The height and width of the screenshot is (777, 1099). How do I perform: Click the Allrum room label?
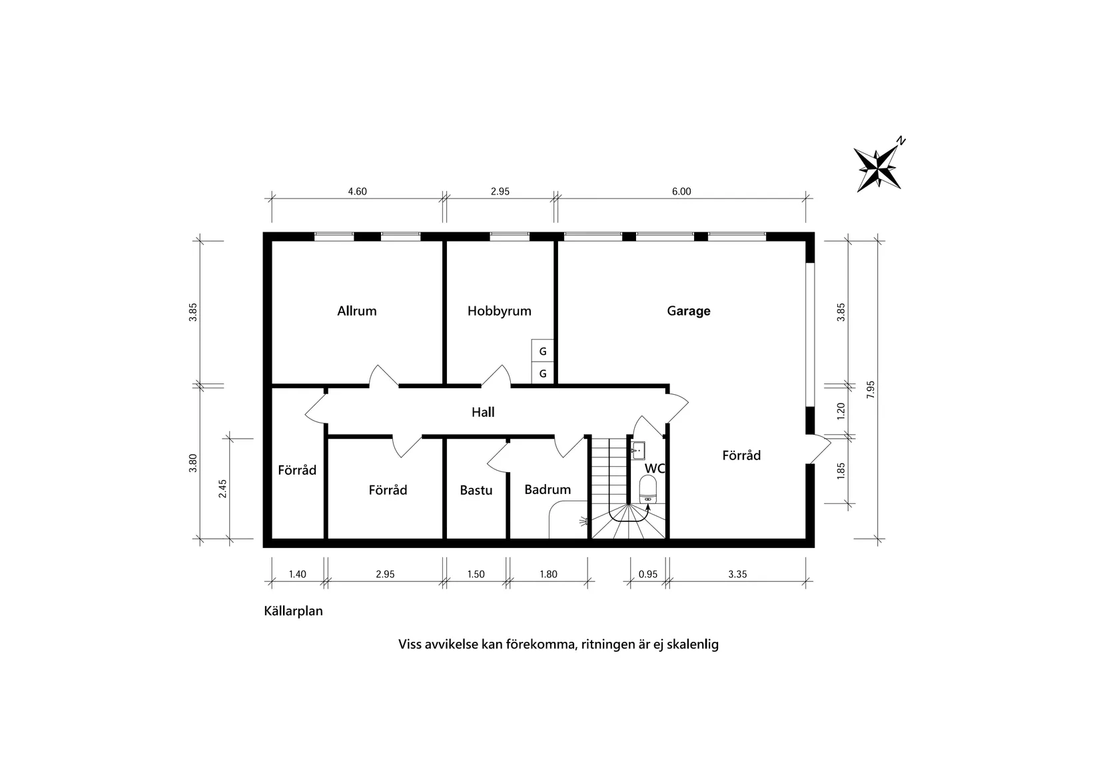click(357, 311)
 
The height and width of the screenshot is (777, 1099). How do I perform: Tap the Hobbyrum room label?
click(499, 311)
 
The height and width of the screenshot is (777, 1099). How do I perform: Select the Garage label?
click(689, 311)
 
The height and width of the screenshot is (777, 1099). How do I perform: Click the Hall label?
click(483, 412)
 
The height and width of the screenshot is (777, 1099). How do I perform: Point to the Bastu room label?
click(476, 491)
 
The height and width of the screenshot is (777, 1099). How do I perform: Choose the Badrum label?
click(548, 489)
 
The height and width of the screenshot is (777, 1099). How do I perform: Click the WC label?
click(655, 468)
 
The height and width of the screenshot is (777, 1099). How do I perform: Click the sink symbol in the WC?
click(637, 451)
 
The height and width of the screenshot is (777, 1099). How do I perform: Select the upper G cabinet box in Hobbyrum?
click(543, 351)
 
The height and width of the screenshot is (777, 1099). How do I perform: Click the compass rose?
click(878, 168)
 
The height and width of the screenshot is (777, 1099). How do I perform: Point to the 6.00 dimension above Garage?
click(681, 192)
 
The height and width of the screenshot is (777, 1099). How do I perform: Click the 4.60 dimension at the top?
click(358, 192)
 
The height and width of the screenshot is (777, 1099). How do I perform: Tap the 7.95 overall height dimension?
click(871, 389)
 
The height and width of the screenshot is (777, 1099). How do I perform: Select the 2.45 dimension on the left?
click(223, 489)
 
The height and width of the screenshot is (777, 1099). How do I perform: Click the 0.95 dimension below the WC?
click(648, 574)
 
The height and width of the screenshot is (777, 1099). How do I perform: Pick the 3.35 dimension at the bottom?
click(737, 574)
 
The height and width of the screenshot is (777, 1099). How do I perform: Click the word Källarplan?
click(294, 611)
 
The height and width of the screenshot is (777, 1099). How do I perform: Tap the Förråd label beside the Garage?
click(741, 455)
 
